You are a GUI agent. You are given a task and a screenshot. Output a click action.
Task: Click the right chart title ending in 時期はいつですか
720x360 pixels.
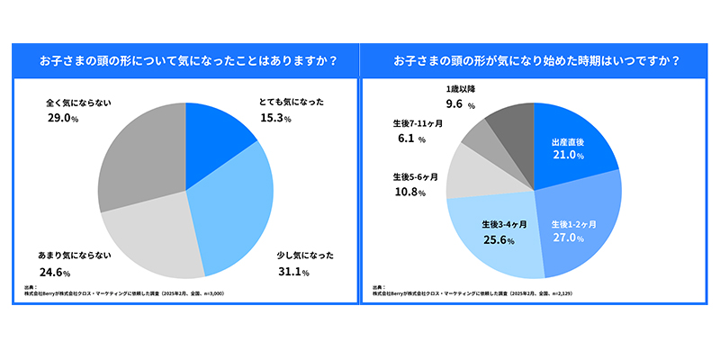pyautogui.click(x=535, y=62)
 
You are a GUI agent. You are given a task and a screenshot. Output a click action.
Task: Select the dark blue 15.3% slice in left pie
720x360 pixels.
pyautogui.click(x=216, y=144)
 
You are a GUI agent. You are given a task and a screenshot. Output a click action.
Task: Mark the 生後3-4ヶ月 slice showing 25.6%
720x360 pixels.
pyautogui.click(x=499, y=234)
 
